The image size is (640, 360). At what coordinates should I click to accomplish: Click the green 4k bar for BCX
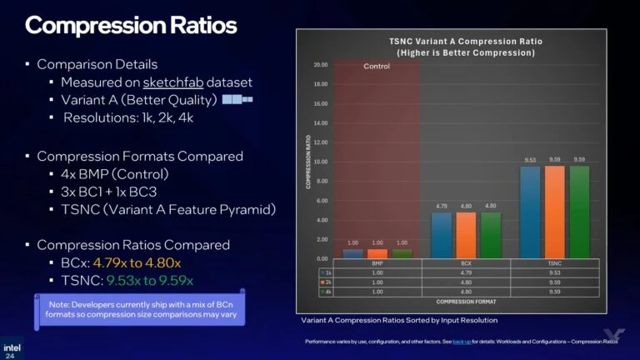pos(490,235)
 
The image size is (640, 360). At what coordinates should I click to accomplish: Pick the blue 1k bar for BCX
pos(442,235)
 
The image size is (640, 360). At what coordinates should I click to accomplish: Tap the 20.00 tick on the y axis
pos(320,65)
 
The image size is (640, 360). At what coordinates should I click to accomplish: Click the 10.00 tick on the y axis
pos(320,162)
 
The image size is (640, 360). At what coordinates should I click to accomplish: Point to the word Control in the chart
pos(377,66)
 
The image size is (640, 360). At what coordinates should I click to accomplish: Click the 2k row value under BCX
pos(467,282)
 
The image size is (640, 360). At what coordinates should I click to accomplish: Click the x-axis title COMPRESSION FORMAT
pos(462,302)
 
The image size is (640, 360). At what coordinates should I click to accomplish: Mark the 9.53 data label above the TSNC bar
pos(529,158)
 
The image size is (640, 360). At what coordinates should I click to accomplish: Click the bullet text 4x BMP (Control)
pos(115,174)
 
